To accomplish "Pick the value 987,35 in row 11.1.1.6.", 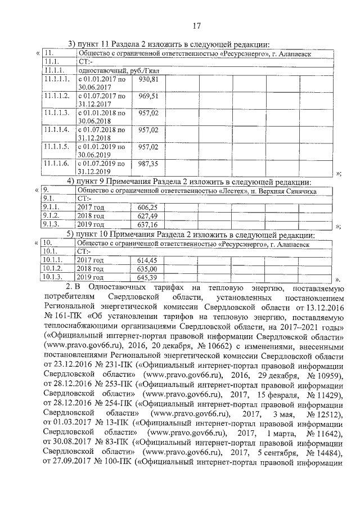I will click(149, 163).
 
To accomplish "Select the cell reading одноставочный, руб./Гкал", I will click(110, 71).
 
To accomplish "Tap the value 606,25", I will click(147, 208).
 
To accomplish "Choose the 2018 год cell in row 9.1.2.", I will click(91, 216).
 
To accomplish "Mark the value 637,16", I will click(147, 224).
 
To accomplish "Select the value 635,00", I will click(147, 269).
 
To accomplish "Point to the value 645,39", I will click(147, 277).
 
